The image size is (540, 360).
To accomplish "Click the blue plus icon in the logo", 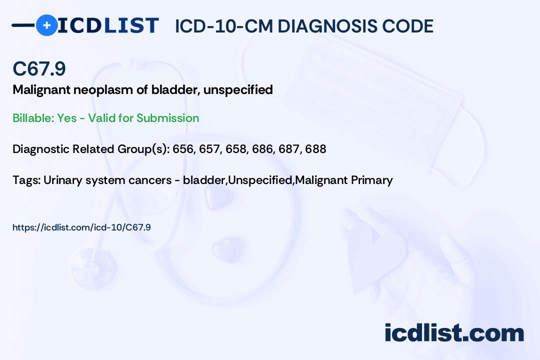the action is [x=46, y=25].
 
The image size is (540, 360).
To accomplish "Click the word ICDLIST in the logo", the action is [x=108, y=25].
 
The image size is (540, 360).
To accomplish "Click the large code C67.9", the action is [x=39, y=68].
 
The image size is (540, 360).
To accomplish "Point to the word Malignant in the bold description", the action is [x=41, y=90].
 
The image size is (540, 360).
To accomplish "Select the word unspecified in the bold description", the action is [x=238, y=90].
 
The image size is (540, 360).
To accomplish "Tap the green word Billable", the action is [x=33, y=118].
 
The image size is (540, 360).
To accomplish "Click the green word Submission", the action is [x=167, y=118].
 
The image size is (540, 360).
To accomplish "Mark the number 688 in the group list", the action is [x=316, y=149].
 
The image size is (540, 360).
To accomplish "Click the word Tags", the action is [x=26, y=180].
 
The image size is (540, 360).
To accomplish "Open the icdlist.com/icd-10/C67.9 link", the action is [x=81, y=227].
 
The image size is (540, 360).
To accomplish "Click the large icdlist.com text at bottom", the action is [x=454, y=332].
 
